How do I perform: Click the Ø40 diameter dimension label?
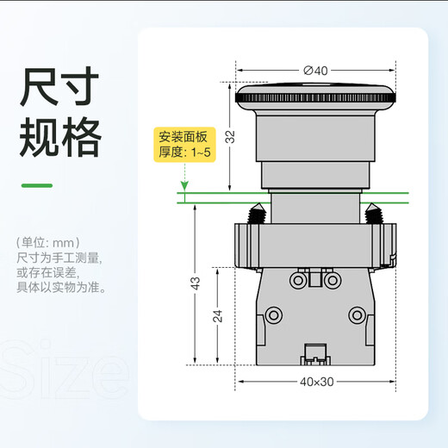[x=315, y=71]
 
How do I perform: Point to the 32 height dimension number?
[x=230, y=137]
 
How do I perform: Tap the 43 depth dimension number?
[x=196, y=283]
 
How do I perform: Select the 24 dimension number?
[x=218, y=316]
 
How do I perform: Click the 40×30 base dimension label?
[x=317, y=382]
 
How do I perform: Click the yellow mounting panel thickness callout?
[x=184, y=145]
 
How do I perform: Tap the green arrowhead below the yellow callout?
[x=184, y=186]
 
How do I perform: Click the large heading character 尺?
[x=39, y=86]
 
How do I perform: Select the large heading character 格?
[x=82, y=137]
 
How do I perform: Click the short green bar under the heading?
[x=37, y=185]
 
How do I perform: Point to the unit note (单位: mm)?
[x=48, y=243]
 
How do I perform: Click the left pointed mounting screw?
[x=257, y=214]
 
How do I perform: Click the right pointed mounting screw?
[x=373, y=214]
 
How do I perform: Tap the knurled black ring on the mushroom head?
[x=315, y=98]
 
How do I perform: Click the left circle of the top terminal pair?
[x=298, y=280]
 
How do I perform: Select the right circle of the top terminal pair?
[x=333, y=280]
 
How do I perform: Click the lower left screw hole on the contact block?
[x=273, y=315]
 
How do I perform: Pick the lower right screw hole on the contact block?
[x=357, y=315]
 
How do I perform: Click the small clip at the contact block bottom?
[x=315, y=354]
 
